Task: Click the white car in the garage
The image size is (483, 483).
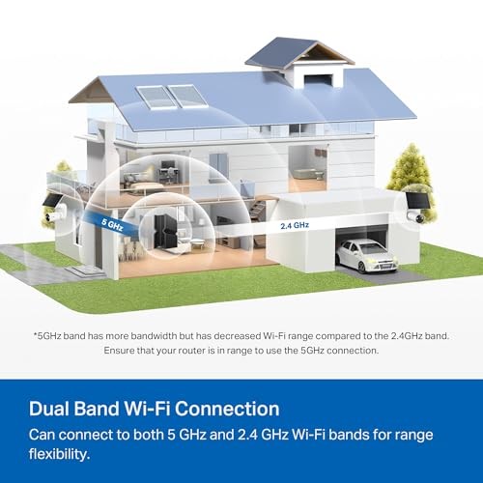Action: [366, 255]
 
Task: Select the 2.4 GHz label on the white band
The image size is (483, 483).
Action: [294, 226]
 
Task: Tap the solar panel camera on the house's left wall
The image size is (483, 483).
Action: [50, 205]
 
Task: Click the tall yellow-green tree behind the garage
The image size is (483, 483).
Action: [409, 168]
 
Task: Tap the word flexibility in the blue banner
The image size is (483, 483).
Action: [64, 452]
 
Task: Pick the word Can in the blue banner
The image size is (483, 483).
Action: [43, 435]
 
